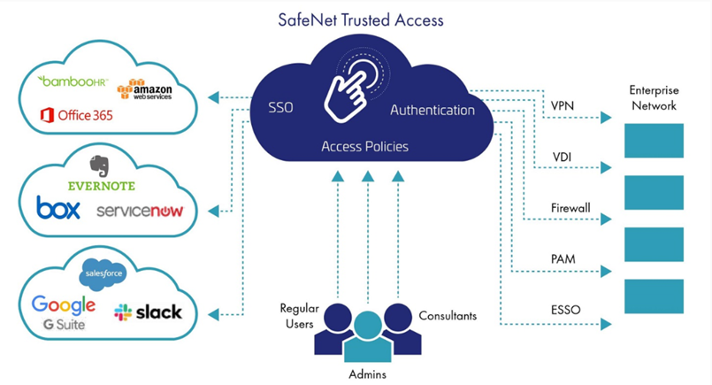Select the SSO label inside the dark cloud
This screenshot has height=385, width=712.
click(x=280, y=109)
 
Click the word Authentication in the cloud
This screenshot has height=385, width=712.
click(x=433, y=111)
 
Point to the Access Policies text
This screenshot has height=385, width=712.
click(x=364, y=146)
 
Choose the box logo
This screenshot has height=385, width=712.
click(x=58, y=208)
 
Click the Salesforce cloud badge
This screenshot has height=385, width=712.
click(x=103, y=274)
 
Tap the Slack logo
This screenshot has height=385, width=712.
click(x=148, y=312)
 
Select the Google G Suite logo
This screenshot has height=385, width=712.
click(x=64, y=312)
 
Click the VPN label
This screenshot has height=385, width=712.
click(x=563, y=105)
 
